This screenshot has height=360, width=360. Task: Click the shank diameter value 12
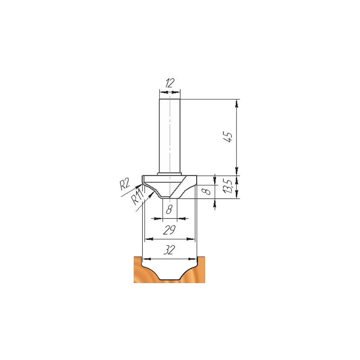click(x=170, y=83)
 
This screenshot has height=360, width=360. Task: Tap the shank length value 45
click(x=228, y=137)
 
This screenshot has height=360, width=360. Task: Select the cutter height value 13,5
click(x=228, y=186)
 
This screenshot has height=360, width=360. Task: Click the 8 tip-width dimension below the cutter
click(x=169, y=209)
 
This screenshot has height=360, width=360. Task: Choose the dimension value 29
click(x=170, y=230)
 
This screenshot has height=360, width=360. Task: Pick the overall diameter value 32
click(x=170, y=250)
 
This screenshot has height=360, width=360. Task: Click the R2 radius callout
click(x=125, y=184)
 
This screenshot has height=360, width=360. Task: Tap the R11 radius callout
click(x=138, y=197)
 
